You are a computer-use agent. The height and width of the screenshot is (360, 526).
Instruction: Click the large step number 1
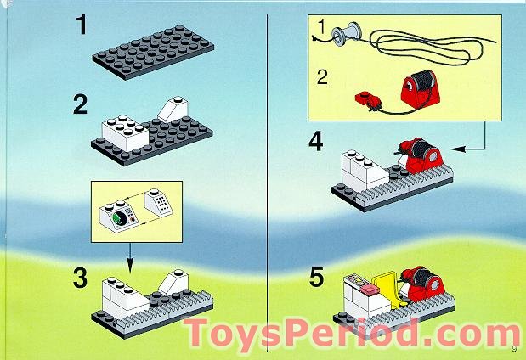pos(82,25)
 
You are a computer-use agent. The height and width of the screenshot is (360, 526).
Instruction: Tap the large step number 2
pos(81,104)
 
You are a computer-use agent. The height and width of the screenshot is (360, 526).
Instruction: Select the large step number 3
pos(80,278)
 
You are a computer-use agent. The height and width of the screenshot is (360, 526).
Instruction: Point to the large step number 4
pos(316,142)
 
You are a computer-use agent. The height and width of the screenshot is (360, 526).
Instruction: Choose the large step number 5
pos(316,277)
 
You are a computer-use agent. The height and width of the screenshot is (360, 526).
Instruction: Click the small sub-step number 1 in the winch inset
pos(321,27)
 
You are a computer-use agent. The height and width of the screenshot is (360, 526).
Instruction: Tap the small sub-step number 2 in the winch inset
pos(322,77)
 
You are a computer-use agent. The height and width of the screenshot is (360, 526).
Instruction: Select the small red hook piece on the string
pos(368,100)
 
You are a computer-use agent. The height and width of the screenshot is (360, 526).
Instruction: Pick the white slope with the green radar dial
pos(119,217)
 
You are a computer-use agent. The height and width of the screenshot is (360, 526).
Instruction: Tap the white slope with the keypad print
pos(158,202)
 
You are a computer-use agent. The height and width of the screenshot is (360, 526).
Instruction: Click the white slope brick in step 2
pos(173,110)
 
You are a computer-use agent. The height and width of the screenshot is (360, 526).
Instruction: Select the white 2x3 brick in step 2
pos(125,132)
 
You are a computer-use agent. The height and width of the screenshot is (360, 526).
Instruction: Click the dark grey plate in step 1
pos(153,52)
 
